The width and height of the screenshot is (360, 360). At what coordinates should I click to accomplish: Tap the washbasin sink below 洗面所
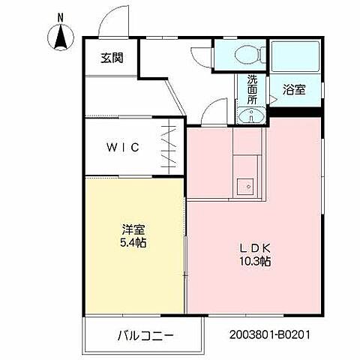tap(250, 115)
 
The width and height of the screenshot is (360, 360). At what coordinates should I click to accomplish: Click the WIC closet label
tap(121, 147)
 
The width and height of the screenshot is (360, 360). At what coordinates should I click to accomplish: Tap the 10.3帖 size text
tap(255, 262)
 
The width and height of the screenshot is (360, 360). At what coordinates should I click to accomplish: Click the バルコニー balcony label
tap(145, 335)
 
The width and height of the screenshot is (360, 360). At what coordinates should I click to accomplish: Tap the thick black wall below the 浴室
tap(295, 112)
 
